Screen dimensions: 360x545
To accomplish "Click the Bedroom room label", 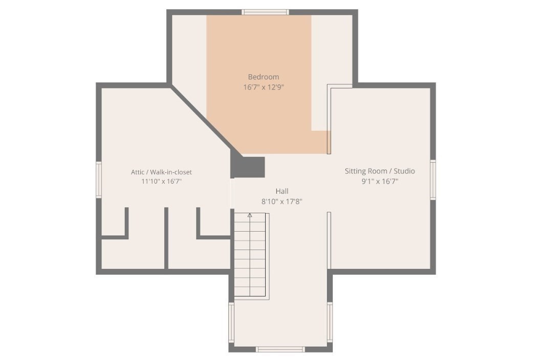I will pyautogui.click(x=264, y=77).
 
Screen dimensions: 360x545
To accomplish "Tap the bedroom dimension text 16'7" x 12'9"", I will pyautogui.click(x=264, y=87).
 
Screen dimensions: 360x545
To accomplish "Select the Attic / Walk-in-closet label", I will pyautogui.click(x=161, y=172).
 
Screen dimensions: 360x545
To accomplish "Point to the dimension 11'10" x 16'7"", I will pyautogui.click(x=161, y=182).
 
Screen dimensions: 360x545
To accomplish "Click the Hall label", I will pyautogui.click(x=282, y=191).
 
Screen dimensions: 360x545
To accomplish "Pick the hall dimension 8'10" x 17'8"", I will pyautogui.click(x=282, y=201).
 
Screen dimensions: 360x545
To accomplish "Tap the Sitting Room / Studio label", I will pyautogui.click(x=380, y=171).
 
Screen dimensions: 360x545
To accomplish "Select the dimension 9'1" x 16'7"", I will pyautogui.click(x=380, y=181).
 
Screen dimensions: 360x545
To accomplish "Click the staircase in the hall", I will pyautogui.click(x=251, y=256).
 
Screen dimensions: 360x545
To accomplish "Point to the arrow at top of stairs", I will pyautogui.click(x=250, y=215).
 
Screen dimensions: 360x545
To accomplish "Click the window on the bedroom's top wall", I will pyautogui.click(x=265, y=12).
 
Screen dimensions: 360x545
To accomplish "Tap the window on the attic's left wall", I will pyautogui.click(x=99, y=179).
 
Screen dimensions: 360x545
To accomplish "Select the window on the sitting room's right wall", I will pyautogui.click(x=433, y=179).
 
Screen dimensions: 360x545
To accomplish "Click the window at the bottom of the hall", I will pyautogui.click(x=280, y=349).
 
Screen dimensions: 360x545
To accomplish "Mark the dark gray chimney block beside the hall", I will pyautogui.click(x=248, y=167).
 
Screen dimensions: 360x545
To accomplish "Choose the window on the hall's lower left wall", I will pyautogui.click(x=231, y=322).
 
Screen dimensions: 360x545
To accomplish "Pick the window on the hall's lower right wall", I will pyautogui.click(x=330, y=322).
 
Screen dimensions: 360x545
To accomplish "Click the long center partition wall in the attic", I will pyautogui.click(x=166, y=238).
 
